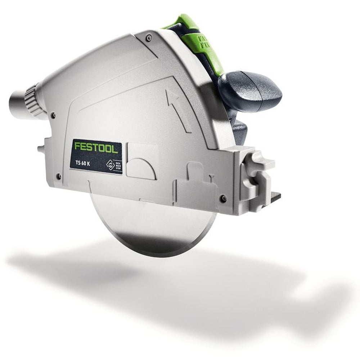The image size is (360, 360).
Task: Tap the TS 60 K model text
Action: point(84,162)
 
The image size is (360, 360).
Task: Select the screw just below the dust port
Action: point(53,115)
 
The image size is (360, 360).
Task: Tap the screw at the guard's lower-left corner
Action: point(59,176)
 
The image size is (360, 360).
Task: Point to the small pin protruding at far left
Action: point(40,148)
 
